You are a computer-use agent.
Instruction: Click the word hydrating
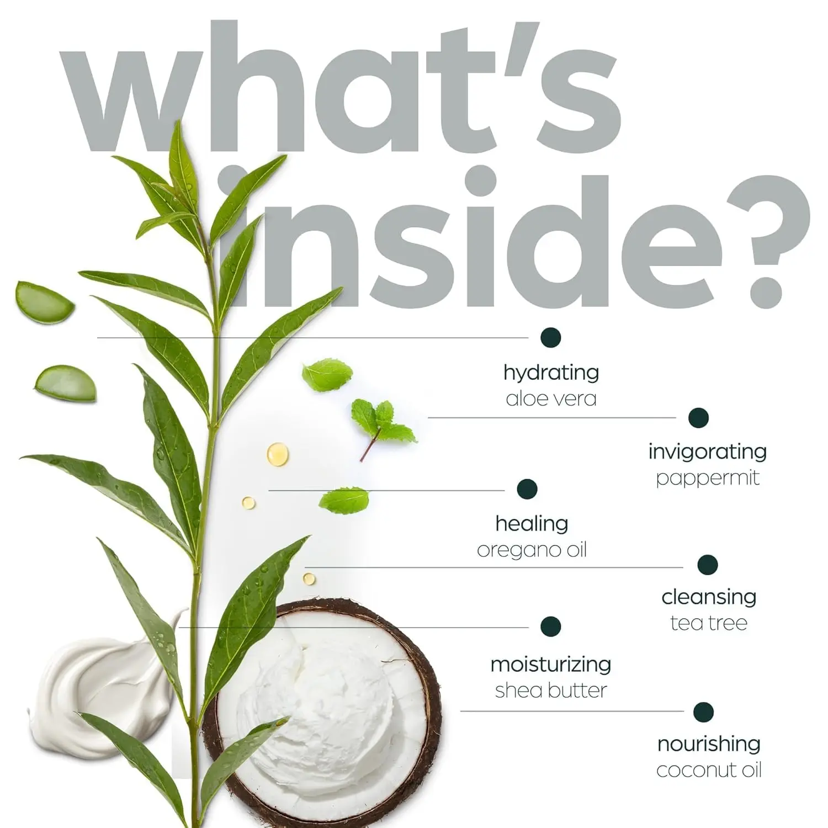(551, 373)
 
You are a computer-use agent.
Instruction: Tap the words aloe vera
(551, 399)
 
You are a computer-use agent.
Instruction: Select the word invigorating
(707, 452)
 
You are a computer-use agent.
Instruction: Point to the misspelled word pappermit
(707, 478)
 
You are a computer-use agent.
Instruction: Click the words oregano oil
(532, 550)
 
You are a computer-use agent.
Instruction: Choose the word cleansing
(709, 597)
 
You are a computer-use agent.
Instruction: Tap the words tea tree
(709, 623)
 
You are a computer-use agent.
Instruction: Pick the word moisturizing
(550, 665)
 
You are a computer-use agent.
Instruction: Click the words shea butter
(550, 691)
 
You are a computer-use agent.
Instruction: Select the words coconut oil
(709, 770)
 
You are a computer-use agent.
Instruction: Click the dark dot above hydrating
(551, 337)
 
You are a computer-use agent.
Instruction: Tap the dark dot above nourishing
(703, 712)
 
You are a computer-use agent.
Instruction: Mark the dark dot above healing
(527, 489)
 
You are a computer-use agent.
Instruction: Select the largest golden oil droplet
(277, 454)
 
